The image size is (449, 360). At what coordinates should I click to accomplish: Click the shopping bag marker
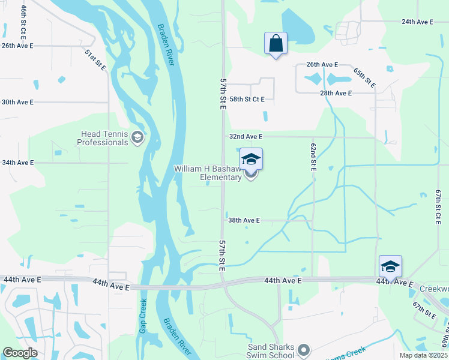(x=276, y=44)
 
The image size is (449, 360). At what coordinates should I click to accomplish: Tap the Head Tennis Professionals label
(x=103, y=139)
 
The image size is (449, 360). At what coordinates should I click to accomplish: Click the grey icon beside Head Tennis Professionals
(x=138, y=139)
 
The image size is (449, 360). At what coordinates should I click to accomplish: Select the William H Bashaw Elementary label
(x=208, y=173)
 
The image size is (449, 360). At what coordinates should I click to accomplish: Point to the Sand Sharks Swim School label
(x=271, y=350)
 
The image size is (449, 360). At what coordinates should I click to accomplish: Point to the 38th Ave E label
(x=244, y=220)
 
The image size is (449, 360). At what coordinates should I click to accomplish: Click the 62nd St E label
(x=313, y=157)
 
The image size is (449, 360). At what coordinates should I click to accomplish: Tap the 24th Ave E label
(x=417, y=22)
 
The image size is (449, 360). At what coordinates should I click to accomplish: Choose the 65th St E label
(x=364, y=78)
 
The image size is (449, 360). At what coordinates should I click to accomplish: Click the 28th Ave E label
(x=336, y=93)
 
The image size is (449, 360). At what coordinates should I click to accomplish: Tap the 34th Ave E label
(x=17, y=163)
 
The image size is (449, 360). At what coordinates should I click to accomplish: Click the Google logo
(x=20, y=353)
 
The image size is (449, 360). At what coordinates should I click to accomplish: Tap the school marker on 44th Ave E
(x=390, y=267)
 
